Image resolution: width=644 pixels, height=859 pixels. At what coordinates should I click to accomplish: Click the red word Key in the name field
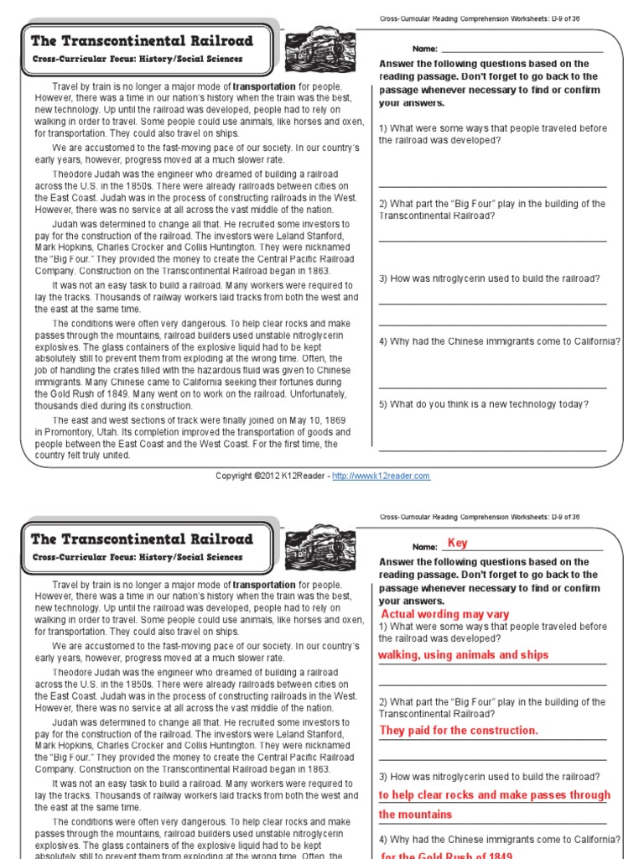coord(458,544)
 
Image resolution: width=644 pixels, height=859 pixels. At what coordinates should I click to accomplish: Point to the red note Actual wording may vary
coord(444,615)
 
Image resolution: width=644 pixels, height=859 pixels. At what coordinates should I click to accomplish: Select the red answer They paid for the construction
coord(459,731)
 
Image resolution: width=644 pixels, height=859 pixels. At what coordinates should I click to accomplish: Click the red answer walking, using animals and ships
coord(464,655)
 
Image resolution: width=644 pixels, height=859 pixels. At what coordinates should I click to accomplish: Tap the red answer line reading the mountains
coord(415,815)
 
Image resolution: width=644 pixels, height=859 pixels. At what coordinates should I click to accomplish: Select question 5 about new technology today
coord(483,404)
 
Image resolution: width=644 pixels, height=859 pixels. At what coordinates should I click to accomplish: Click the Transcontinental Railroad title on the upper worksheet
coord(141,40)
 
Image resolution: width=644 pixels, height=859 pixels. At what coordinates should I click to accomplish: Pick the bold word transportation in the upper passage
coord(264,86)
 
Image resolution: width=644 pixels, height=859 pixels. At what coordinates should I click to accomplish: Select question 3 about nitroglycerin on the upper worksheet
coord(489,279)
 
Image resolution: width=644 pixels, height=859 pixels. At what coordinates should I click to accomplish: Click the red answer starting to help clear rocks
coord(495,795)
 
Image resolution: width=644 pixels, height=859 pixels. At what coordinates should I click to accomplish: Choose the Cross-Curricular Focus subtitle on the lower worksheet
coord(138,558)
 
